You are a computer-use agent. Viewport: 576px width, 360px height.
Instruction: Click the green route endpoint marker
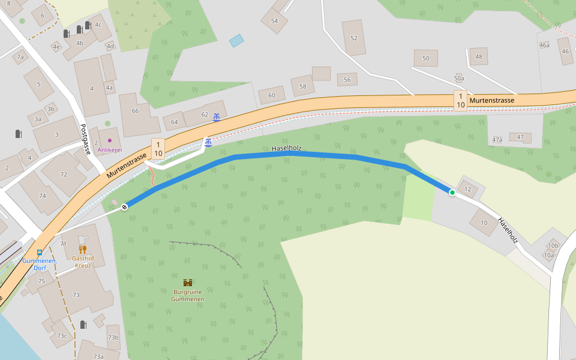click(x=452, y=193)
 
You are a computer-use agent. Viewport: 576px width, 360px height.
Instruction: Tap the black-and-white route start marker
click(x=124, y=207)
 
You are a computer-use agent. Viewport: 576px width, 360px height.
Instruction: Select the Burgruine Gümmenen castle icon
click(x=188, y=283)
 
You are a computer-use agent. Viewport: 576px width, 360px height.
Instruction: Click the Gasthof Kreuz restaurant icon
click(x=83, y=249)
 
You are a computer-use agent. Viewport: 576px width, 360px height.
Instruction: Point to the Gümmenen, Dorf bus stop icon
click(x=40, y=253)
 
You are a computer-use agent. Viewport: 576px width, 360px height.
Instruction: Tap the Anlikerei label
click(x=110, y=149)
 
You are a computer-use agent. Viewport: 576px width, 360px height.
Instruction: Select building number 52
click(x=353, y=38)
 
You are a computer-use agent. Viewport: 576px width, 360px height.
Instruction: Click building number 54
click(x=274, y=21)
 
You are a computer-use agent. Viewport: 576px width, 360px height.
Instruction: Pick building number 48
click(x=478, y=57)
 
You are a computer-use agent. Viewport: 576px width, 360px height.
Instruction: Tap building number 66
click(x=135, y=111)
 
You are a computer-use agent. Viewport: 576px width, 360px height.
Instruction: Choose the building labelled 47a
click(x=497, y=140)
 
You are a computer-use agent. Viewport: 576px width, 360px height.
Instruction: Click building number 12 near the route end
click(x=467, y=189)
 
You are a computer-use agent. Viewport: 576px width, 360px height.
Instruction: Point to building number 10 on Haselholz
click(x=484, y=223)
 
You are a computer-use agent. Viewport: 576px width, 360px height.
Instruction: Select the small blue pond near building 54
click(x=237, y=41)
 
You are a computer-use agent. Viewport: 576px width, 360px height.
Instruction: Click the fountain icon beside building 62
click(x=216, y=116)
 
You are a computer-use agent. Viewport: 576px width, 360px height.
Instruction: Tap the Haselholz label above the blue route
click(x=286, y=148)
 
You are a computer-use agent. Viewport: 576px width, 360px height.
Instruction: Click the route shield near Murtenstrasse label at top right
click(x=460, y=100)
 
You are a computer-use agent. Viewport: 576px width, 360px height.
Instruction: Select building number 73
click(x=76, y=295)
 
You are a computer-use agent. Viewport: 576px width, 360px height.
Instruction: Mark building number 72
click(x=64, y=175)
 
